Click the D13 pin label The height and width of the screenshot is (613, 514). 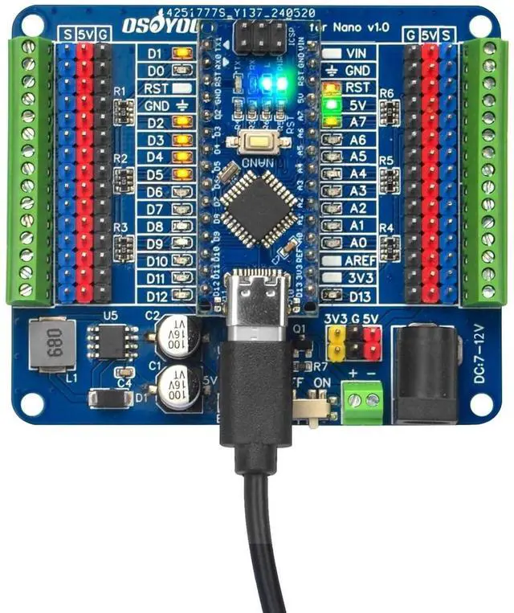coord(358,296)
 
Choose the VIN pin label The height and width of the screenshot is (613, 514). coord(356,53)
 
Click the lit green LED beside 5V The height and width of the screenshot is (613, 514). coord(330,104)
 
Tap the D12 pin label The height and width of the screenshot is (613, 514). coord(157,296)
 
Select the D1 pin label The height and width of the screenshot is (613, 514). coord(156,53)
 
